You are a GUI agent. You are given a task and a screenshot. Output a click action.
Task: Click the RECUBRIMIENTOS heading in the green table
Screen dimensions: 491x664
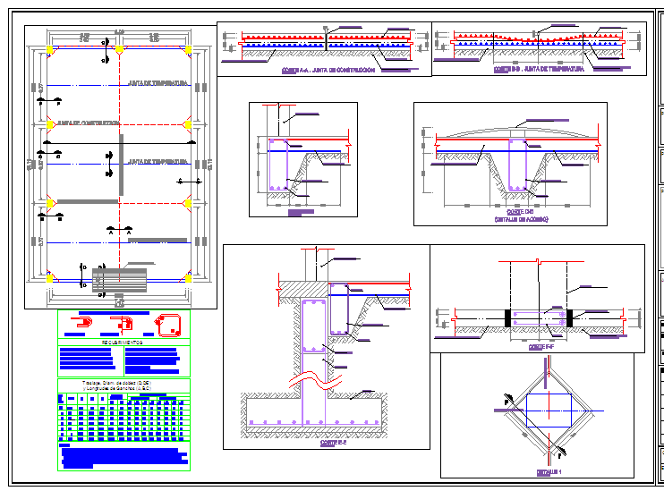(123, 343)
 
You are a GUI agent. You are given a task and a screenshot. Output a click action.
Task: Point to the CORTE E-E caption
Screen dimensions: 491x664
(333, 442)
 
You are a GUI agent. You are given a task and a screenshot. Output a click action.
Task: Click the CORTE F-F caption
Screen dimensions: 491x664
(538, 345)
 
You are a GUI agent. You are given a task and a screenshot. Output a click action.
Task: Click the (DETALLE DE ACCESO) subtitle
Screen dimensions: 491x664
(520, 219)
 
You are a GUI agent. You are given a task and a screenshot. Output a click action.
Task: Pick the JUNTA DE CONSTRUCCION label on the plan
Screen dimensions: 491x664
(88, 123)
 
